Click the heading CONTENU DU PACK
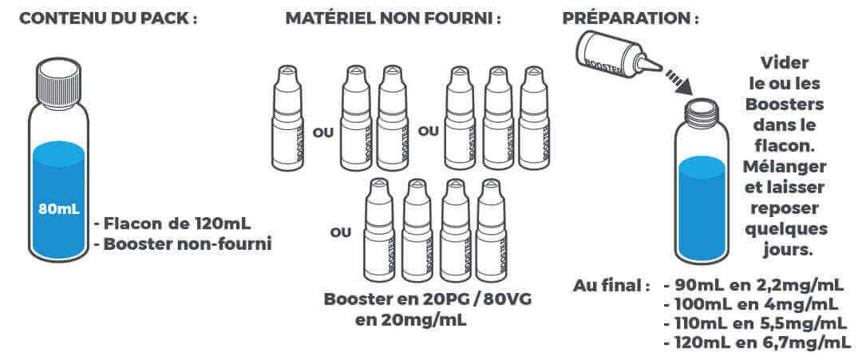109,18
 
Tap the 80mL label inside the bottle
59,209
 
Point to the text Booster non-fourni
183,244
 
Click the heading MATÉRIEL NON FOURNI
393,18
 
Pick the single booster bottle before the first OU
287,117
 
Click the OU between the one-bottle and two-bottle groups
322,133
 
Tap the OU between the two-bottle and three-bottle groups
429,132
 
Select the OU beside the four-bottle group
340,233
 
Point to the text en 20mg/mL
411,320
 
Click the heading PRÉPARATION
631,18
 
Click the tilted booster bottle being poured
615,56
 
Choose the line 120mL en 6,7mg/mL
756,343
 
